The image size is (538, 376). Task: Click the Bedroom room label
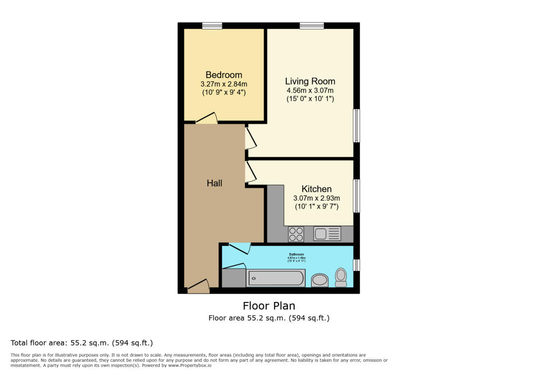[x=224, y=75]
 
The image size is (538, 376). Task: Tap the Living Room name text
[x=310, y=81]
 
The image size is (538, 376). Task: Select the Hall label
[x=214, y=183]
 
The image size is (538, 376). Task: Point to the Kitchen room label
[x=316, y=189]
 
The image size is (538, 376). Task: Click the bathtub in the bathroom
[x=276, y=278]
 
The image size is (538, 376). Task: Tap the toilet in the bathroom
[x=341, y=277]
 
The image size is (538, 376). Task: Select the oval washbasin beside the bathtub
[x=320, y=280]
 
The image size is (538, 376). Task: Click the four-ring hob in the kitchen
[x=296, y=234]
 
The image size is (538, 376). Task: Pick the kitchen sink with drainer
[x=327, y=234]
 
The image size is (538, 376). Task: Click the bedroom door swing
[x=207, y=119]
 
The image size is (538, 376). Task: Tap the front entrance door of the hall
[x=199, y=287]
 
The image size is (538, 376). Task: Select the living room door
[x=251, y=139]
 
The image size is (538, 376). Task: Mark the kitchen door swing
[x=251, y=171]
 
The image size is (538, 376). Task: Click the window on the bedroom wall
[x=212, y=25]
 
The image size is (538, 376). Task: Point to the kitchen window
[x=357, y=196]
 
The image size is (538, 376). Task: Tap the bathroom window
[x=357, y=265]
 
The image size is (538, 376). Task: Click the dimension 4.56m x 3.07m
[x=310, y=90]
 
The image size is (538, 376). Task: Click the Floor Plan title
[x=268, y=306]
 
